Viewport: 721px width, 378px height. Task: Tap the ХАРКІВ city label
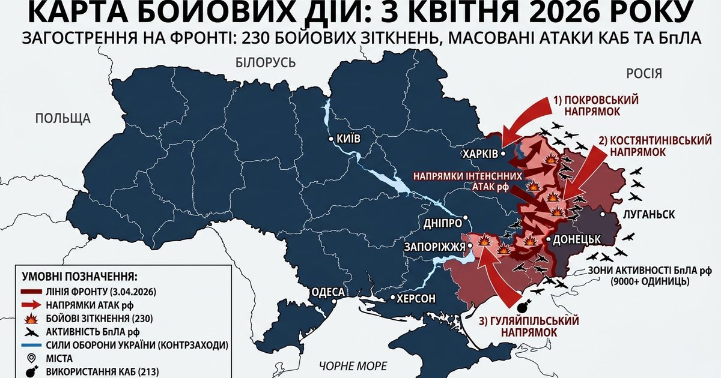[479, 154]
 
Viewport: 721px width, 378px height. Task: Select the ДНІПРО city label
[442, 222]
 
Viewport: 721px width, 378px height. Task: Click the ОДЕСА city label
[327, 292]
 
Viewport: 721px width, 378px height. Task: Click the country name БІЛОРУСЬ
[265, 62]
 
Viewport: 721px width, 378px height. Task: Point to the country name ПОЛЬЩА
[62, 118]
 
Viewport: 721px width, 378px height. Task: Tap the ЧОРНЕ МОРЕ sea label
[353, 366]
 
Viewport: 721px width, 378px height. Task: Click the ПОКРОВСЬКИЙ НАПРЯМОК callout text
[597, 106]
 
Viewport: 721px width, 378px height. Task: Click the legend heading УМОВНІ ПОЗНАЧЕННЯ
[80, 277]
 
